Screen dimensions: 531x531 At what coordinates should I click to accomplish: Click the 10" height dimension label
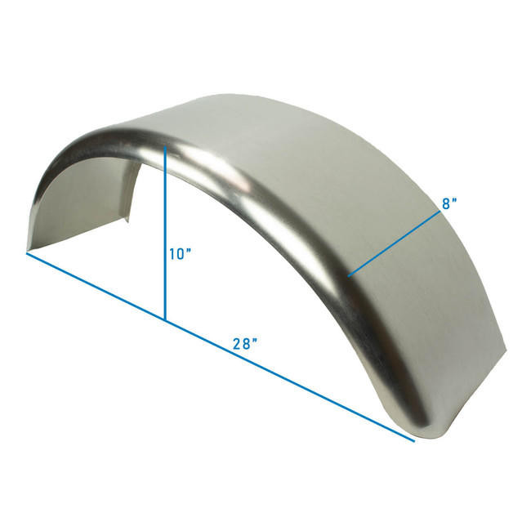tap(181, 254)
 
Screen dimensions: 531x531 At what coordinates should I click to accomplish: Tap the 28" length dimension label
tap(246, 344)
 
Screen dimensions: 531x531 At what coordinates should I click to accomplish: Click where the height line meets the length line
tap(166, 319)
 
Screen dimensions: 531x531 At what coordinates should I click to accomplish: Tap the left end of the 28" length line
tap(27, 253)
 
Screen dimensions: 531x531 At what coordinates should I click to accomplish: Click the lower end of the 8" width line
tap(349, 276)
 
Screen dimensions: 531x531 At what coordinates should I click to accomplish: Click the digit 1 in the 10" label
tap(173, 254)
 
